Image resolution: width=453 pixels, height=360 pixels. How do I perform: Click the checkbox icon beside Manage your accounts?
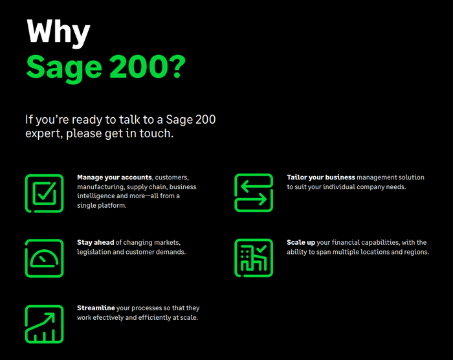44,193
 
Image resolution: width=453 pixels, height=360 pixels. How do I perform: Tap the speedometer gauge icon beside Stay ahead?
44,258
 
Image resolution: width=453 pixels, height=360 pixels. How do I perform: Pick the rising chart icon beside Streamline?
44,323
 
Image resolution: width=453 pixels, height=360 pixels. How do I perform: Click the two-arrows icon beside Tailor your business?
254,193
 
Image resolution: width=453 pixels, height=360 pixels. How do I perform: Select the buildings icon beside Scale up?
254,258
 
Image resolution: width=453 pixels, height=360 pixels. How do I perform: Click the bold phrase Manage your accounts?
115,177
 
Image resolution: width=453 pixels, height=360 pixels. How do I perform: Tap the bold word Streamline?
96,308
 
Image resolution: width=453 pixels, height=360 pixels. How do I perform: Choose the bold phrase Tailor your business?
321,177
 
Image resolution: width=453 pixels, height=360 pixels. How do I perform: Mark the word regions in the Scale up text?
415,252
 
